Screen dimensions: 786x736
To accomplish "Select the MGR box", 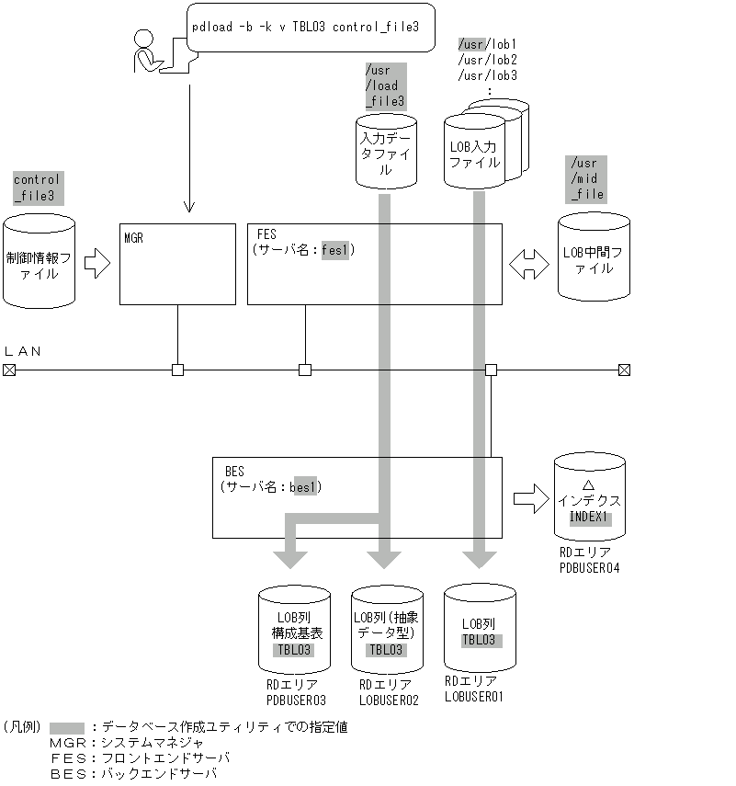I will point(177,264).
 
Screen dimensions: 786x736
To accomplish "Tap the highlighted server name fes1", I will point(334,249).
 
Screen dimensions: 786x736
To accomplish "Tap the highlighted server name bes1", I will point(302,486).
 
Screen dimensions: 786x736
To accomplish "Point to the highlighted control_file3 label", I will point(37,188).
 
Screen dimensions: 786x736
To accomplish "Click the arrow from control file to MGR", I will point(96,265).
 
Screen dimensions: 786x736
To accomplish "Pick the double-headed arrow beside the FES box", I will point(528,265).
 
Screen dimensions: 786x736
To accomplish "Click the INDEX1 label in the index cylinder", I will point(589,518).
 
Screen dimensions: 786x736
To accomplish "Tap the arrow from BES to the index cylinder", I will point(530,500).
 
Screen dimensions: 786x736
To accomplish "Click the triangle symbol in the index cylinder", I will point(589,484).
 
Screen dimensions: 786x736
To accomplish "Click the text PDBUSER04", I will point(589,568).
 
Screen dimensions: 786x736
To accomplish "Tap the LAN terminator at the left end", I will point(9,370).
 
